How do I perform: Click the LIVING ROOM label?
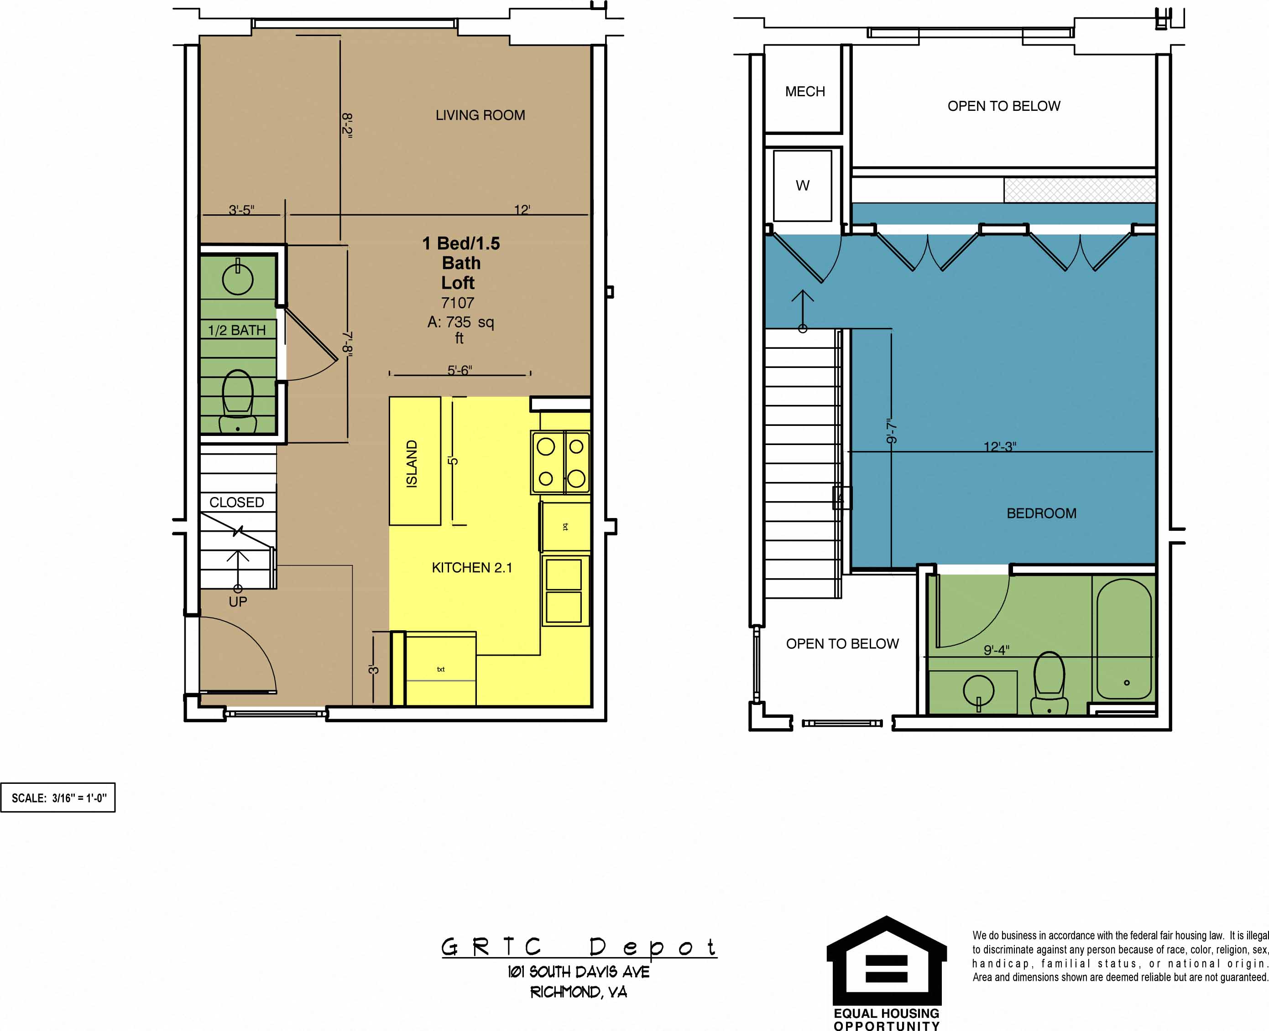(x=480, y=115)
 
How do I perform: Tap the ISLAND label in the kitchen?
(x=411, y=464)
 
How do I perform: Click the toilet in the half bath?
(x=238, y=401)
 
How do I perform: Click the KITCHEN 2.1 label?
(x=472, y=568)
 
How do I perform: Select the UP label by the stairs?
(x=238, y=601)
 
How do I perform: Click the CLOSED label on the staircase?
(x=236, y=503)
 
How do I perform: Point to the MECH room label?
(x=805, y=92)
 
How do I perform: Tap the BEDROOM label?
(x=1041, y=513)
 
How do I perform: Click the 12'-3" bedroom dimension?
(x=1000, y=446)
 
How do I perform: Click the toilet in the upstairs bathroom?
(x=1050, y=683)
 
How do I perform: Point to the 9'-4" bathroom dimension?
(x=996, y=650)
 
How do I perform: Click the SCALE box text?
(x=59, y=798)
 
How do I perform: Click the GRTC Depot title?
(x=579, y=947)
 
